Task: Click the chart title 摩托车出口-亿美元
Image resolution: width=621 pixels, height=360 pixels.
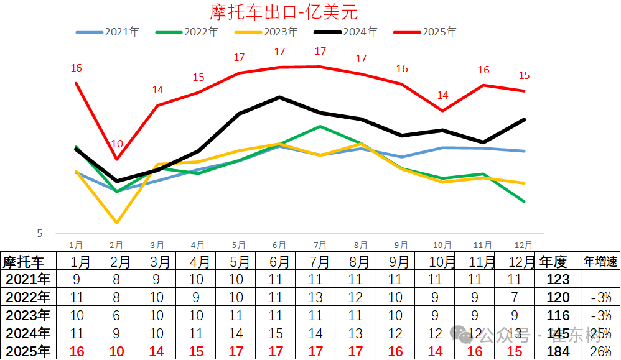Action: [284, 12]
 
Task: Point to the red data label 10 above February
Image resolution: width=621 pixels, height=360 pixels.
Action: [117, 144]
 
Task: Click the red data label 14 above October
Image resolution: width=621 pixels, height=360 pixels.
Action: [442, 96]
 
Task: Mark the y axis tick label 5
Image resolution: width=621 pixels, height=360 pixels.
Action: [40, 234]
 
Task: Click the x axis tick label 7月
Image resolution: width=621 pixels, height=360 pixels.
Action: [320, 246]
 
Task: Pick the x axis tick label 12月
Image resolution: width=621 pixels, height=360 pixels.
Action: [525, 246]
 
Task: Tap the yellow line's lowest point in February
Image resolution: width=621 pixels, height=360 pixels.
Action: [117, 222]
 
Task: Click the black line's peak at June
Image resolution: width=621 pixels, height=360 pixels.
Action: [279, 97]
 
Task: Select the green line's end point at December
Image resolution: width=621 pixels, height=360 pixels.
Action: [525, 201]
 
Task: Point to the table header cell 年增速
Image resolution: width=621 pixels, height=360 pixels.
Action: [600, 262]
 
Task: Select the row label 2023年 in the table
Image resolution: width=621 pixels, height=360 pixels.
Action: [27, 316]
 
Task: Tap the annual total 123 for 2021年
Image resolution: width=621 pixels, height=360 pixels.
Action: [558, 280]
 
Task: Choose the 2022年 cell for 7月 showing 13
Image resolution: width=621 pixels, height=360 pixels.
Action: [315, 298]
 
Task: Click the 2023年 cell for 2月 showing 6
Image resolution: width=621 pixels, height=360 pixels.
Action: [116, 316]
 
